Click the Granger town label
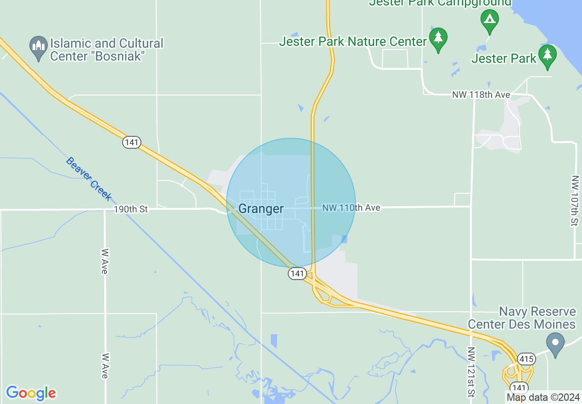point(261,209)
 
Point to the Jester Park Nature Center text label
point(353,42)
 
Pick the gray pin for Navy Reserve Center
point(555,344)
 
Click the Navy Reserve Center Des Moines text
point(521,318)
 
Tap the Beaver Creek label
point(89,179)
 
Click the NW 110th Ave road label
point(351,208)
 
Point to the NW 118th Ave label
point(481,95)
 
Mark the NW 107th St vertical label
point(575,200)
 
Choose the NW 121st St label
point(471,372)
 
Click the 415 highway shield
point(525,358)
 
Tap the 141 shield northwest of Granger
point(131,142)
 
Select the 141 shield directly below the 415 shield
point(519,387)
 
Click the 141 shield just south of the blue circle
point(297,274)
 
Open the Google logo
point(31,393)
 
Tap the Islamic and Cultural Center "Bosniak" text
point(106,50)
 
